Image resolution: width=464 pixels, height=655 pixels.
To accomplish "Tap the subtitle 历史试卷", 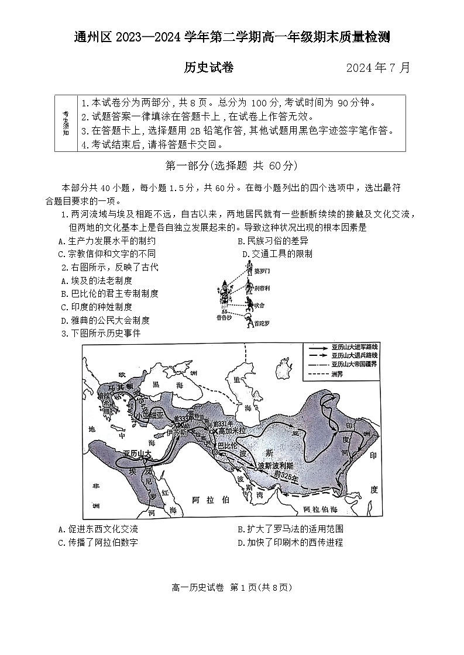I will [x=208, y=68].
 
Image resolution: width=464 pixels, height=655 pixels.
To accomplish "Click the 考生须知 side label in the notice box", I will [x=66, y=123].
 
